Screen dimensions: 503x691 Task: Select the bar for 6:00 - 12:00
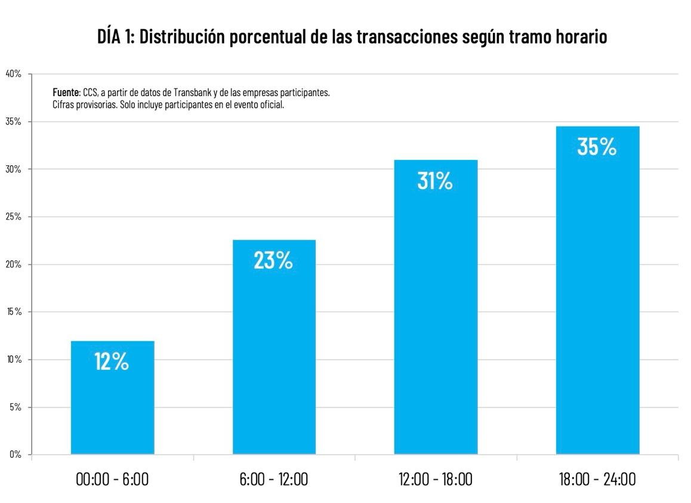274,352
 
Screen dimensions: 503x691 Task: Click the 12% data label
112,362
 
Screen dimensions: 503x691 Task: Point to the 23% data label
273,261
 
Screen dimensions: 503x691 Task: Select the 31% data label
435,181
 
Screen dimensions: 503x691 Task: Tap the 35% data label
597,147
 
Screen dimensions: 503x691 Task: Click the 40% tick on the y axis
14,74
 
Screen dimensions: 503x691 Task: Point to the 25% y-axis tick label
14,217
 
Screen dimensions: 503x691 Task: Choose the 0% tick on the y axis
16,455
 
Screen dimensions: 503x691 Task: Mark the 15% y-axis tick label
14,312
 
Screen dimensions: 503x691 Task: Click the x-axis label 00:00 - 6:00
112,479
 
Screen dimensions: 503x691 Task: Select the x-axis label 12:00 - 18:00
436,479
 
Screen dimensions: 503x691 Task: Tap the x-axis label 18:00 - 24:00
597,479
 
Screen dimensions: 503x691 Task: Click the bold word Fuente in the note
66,93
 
